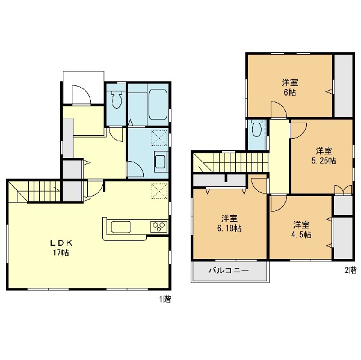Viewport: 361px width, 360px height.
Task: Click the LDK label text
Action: pos(61,243)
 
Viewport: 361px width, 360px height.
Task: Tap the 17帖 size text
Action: pos(61,253)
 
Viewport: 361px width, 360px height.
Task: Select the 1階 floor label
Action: pos(165,299)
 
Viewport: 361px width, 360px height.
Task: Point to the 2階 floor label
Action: pos(350,270)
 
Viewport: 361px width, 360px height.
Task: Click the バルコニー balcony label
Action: pos(229,270)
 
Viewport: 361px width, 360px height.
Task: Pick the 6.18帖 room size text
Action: pos(229,228)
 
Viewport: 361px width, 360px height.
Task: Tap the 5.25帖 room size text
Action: pos(324,160)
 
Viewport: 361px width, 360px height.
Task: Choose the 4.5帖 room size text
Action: pos(301,235)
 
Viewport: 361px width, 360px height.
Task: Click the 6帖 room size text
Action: pos(290,93)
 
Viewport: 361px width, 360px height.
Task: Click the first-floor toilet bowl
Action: pos(117,99)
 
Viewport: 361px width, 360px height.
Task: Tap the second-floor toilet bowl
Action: pos(257,129)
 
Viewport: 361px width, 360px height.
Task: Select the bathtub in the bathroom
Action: pos(158,105)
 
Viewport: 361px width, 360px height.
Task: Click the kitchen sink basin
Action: pos(121,227)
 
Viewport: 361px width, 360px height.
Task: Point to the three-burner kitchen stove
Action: pos(159,227)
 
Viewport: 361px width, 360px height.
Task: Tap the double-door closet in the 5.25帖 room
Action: pos(344,189)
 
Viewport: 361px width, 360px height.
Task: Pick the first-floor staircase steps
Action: pos(34,191)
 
